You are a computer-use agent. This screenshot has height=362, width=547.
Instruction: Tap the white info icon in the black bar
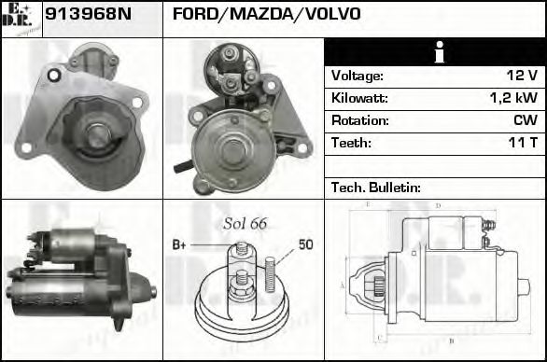(435, 52)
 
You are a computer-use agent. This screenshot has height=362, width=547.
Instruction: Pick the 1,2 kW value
(513, 98)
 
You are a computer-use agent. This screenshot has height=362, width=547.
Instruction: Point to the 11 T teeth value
(522, 143)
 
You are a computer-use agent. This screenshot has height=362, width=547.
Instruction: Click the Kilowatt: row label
(359, 98)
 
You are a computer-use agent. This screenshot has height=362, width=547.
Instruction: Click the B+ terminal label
(180, 244)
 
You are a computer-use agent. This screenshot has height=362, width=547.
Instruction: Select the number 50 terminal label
(305, 244)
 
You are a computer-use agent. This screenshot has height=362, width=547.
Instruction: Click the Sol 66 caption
(245, 223)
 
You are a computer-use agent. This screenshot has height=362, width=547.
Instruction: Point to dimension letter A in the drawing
(343, 285)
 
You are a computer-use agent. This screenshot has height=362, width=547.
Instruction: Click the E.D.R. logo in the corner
(21, 17)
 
